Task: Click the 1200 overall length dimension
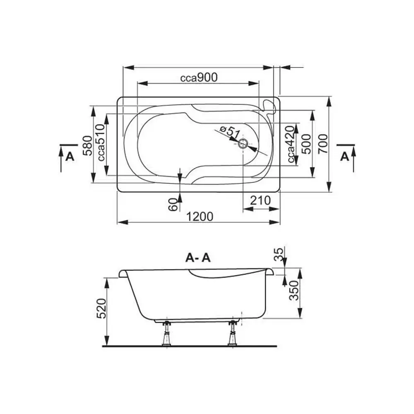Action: pos(200,217)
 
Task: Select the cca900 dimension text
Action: pos(199,77)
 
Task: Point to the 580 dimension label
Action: pos(87,145)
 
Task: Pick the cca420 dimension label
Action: pos(291,144)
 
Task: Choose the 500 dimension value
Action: pos(307,144)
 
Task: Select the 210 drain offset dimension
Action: pos(260,200)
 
